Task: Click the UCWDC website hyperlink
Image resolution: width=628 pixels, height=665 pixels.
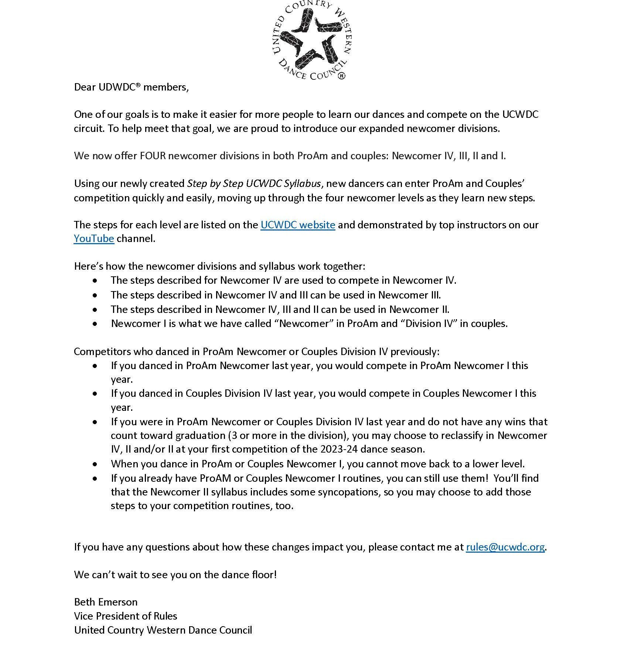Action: (x=298, y=225)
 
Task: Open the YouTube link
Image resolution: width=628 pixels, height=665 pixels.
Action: (x=94, y=239)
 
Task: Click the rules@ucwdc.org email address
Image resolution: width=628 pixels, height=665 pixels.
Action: (x=505, y=547)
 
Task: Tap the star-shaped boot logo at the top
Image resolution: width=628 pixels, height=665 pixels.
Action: (x=311, y=40)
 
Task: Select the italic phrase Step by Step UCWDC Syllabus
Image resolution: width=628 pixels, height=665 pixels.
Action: (x=254, y=184)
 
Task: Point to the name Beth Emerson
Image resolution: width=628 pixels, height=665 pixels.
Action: (x=106, y=602)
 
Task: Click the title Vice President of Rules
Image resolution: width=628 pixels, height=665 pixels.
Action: (x=126, y=616)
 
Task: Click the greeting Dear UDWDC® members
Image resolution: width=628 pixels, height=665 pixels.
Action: (x=131, y=87)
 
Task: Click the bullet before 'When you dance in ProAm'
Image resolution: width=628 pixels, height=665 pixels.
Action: (x=96, y=464)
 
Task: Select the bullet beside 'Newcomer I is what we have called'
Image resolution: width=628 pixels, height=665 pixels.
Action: (x=96, y=324)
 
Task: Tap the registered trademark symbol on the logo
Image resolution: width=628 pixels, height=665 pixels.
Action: (x=341, y=76)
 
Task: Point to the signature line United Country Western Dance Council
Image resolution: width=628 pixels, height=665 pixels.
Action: (x=163, y=630)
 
